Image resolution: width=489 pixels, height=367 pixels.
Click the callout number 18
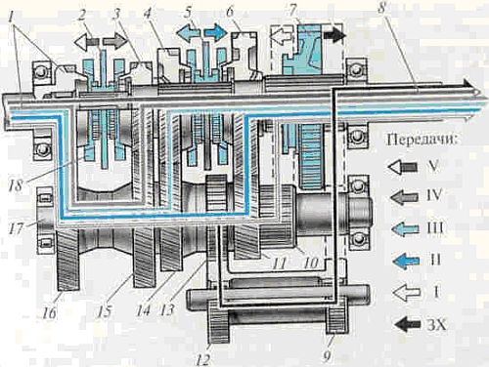tap(16, 185)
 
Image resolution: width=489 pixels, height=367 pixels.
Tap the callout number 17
tap(16, 228)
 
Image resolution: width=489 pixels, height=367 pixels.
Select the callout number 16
tap(50, 313)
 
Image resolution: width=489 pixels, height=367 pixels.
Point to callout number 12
tap(202, 359)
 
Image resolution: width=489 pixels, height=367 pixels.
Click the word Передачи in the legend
tap(422, 140)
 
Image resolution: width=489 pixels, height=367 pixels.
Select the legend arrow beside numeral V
tap(403, 167)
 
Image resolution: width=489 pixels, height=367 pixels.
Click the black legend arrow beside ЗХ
tap(407, 324)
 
